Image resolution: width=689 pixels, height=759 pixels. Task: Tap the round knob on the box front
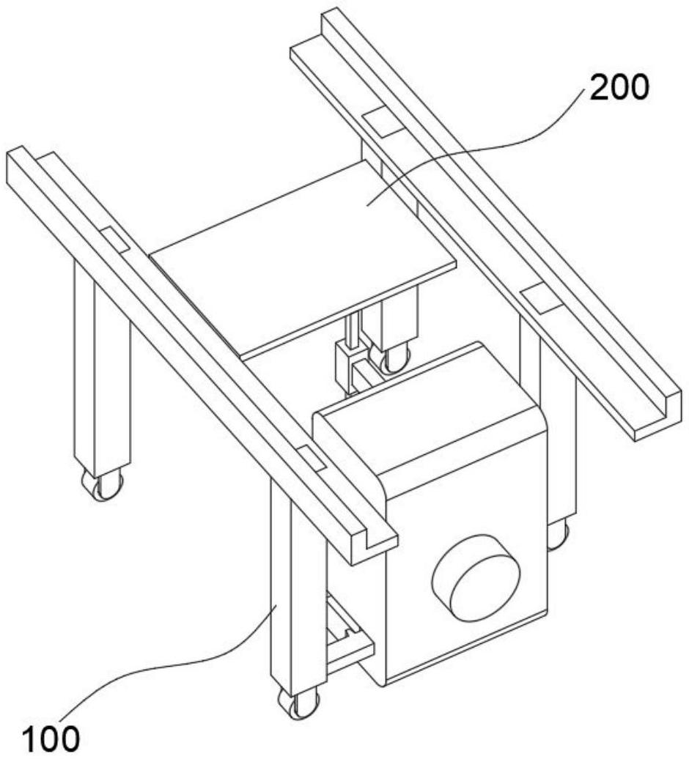[x=476, y=577]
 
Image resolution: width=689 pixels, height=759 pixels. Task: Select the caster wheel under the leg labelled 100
[x=298, y=703]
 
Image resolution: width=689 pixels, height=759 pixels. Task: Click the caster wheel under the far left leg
[x=103, y=484]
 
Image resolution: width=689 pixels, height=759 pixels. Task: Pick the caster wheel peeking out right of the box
[x=558, y=535]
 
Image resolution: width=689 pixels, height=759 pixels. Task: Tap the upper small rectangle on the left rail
[x=114, y=239]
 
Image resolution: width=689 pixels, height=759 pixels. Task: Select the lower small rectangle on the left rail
[x=309, y=457]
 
